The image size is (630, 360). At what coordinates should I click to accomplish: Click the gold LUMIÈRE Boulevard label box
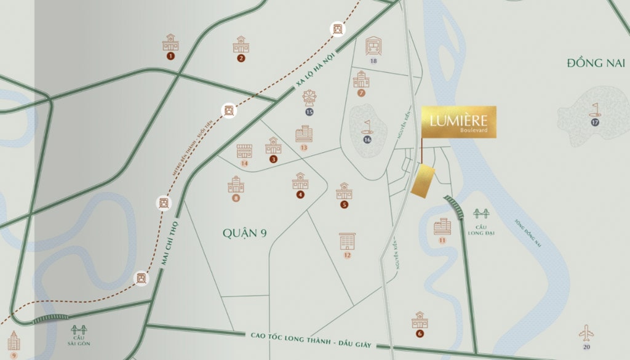[458, 122]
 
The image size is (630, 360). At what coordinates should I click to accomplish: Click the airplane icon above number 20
[586, 334]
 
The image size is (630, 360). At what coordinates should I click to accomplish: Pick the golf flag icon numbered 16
[367, 127]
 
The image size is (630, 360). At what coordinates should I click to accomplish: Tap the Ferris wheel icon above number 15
[309, 98]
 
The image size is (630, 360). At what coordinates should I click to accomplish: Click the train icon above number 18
[373, 46]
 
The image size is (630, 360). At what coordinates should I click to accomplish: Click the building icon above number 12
[347, 241]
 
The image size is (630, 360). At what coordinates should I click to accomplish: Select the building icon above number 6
[420, 319]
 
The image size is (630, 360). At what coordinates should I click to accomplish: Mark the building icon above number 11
[442, 226]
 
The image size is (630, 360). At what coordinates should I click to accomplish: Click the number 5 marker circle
[344, 204]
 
